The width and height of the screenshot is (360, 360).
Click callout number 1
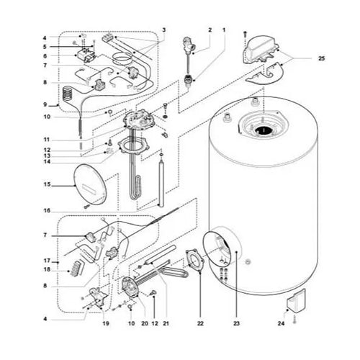tap(224, 30)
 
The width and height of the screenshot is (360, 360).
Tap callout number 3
tap(164, 30)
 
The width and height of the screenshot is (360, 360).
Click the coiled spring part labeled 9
tap(68, 94)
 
